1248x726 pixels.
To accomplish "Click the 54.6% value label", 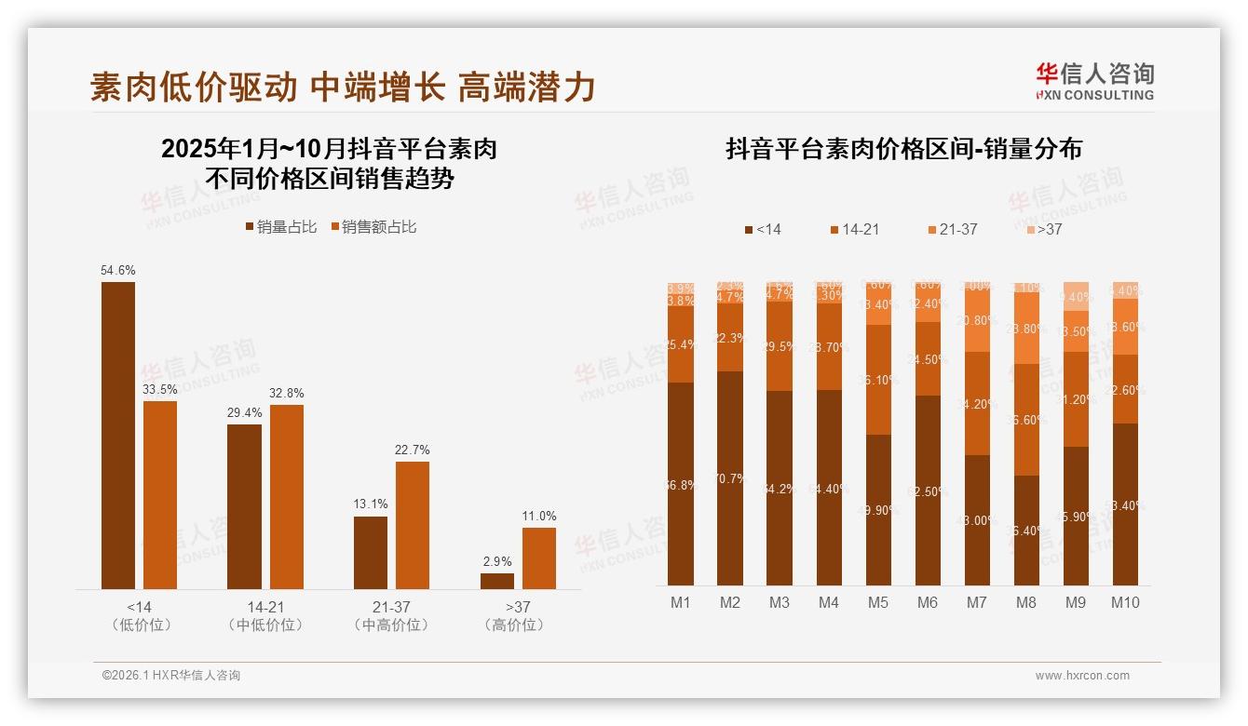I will pos(118,270).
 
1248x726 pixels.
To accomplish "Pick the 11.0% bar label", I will pos(539,516).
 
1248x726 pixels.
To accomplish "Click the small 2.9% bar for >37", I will pos(497,581).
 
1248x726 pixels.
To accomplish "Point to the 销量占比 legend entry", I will pos(281,226).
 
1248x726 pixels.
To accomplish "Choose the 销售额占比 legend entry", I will pos(374,226).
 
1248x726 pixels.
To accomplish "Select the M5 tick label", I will pos(878,602).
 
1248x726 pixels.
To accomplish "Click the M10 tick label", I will pos(1125,602).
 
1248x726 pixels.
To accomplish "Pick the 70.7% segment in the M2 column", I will pos(730,478).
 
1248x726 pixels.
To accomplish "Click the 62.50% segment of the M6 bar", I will pos(928,491).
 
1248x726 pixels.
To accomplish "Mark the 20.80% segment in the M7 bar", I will pos(977,320).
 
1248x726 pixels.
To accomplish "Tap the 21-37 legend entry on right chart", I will pos(952,229).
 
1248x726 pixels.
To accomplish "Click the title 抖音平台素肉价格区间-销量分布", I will pos(903,149).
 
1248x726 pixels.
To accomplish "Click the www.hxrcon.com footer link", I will pos(1082,676).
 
